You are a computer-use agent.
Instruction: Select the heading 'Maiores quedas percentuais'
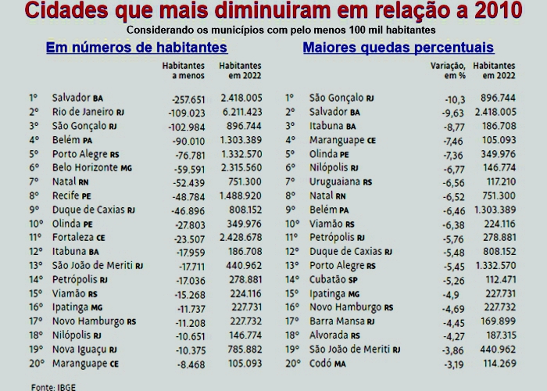398,48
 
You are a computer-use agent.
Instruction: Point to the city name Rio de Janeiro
82,112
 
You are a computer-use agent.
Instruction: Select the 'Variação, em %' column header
448,71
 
